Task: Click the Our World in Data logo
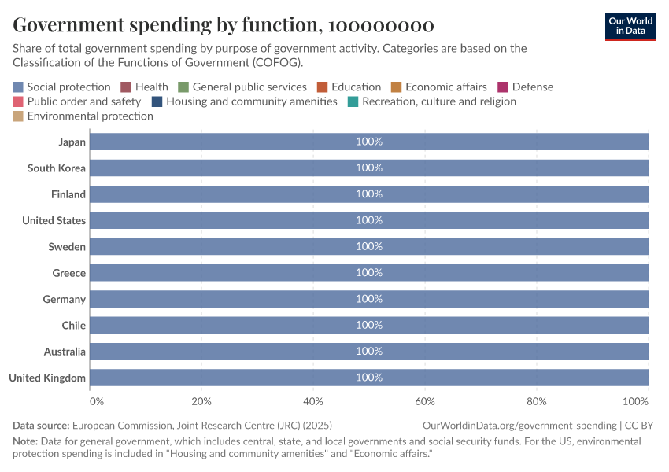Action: pos(630,26)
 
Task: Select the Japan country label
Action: pos(72,142)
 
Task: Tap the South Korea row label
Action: pos(56,168)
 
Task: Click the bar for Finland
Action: pos(236,194)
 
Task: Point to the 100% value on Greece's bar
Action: pos(368,273)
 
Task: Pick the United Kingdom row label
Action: pos(47,378)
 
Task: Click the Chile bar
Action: pos(236,326)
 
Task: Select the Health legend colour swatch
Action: pos(125,87)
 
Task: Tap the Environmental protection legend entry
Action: pos(90,116)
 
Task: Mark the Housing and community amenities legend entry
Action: pos(251,101)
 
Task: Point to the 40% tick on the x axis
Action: pos(313,402)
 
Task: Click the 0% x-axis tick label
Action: pos(97,402)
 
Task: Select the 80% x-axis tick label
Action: pos(537,402)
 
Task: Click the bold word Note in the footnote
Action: pos(26,441)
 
